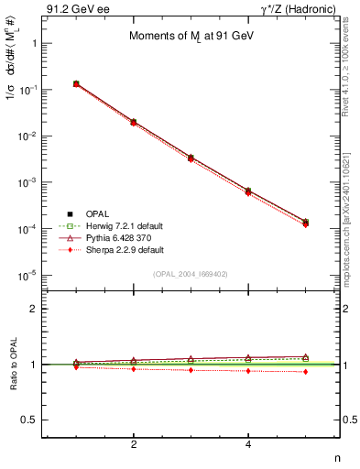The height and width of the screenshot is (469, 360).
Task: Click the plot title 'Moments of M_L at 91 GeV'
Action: pyautogui.click(x=191, y=36)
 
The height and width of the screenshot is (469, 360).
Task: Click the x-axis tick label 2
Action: pyautogui.click(x=134, y=444)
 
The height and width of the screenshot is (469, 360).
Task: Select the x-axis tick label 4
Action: pyautogui.click(x=248, y=444)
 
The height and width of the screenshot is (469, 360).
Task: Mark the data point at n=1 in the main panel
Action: pyautogui.click(x=76, y=83)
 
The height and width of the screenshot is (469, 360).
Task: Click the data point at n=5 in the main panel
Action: pyautogui.click(x=305, y=223)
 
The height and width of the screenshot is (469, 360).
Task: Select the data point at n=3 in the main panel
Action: pyautogui.click(x=191, y=158)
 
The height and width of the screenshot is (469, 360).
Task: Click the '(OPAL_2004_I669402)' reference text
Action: pyautogui.click(x=191, y=274)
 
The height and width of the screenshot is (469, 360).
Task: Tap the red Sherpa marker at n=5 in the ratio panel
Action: pyautogui.click(x=305, y=371)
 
